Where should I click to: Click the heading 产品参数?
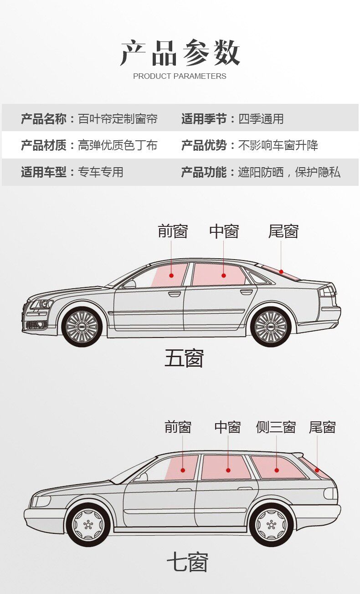[x=180, y=52]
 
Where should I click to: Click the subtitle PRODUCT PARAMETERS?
[x=180, y=77]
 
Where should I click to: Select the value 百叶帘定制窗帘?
[x=118, y=119]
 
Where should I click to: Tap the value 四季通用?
[x=261, y=119]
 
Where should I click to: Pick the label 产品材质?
[x=44, y=145]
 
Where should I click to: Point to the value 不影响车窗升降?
[x=278, y=145]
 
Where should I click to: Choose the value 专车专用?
[x=101, y=172]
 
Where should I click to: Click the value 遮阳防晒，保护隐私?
[x=289, y=172]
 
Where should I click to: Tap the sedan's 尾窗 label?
[x=283, y=231]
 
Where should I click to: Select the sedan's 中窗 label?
[x=224, y=231]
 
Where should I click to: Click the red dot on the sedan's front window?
[x=171, y=276]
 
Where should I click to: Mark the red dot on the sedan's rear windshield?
[x=281, y=271]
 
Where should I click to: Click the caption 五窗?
[x=184, y=358]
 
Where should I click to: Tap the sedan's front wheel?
[x=82, y=327]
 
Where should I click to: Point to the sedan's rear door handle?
[x=246, y=292]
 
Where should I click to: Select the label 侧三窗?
[x=276, y=427]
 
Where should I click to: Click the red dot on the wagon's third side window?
[x=277, y=470]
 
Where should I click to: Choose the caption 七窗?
[x=187, y=561]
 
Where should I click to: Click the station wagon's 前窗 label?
[x=178, y=427]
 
